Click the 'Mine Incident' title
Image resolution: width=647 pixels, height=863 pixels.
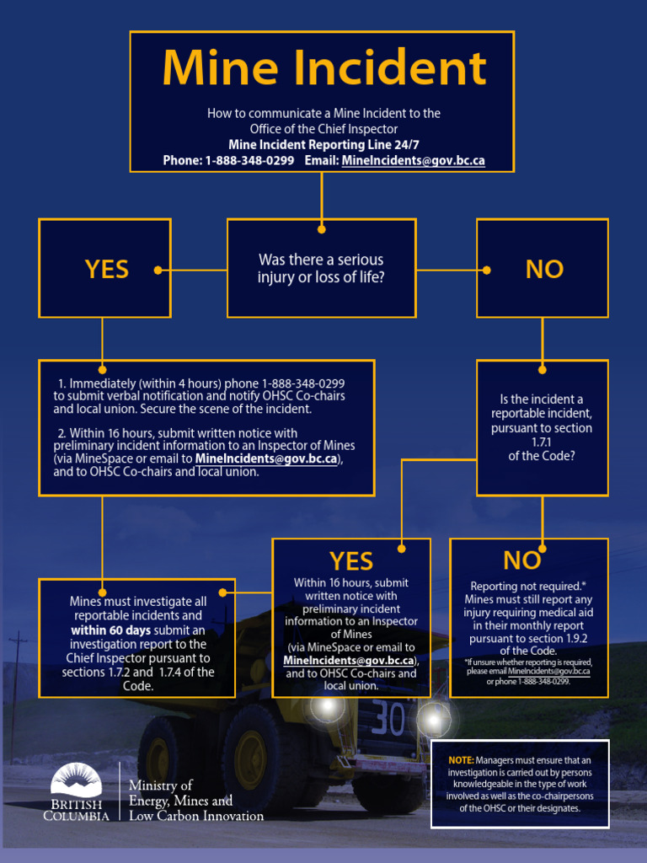(x=323, y=69)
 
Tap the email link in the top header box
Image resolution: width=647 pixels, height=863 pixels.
(x=413, y=160)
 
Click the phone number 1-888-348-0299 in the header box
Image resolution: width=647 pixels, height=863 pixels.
(x=249, y=160)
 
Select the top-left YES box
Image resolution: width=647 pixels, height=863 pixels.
(x=105, y=269)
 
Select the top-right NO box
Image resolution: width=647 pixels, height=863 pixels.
(x=543, y=269)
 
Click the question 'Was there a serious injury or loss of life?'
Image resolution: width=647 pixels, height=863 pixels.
(x=321, y=269)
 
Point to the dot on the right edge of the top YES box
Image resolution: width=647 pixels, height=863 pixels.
(x=158, y=270)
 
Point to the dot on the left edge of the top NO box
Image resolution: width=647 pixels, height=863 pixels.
(x=486, y=270)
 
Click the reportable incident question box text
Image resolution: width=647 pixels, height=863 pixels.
(x=542, y=427)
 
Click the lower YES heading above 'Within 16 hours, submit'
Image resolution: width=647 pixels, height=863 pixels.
(x=350, y=560)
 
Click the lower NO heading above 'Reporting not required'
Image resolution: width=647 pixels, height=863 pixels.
(x=521, y=560)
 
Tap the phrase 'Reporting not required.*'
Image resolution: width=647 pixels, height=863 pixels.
(x=528, y=586)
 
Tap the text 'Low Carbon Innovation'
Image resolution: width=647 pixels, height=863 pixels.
(x=196, y=816)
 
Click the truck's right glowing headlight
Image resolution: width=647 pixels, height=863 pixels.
(x=434, y=720)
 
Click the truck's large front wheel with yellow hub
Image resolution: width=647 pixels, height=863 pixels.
(x=250, y=748)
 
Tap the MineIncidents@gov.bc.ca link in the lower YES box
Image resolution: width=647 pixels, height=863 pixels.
(x=350, y=660)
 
